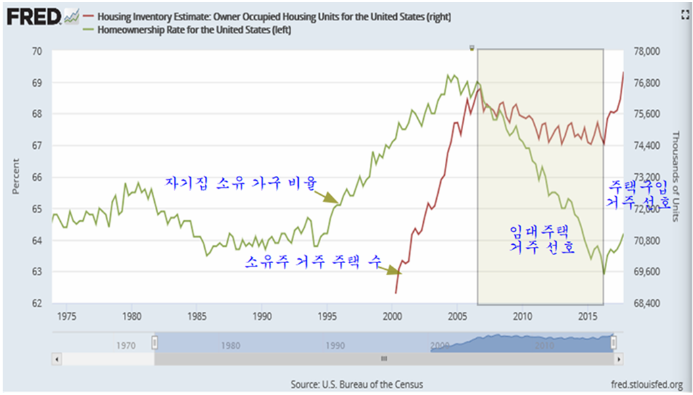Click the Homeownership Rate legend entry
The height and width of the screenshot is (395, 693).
point(195,30)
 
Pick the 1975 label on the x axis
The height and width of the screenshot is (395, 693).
point(67,316)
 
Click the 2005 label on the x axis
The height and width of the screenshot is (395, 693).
point(458,316)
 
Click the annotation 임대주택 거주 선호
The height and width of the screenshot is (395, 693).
point(541,240)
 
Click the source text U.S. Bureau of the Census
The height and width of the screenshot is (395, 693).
point(357,384)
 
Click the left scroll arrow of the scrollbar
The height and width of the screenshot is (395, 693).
point(57,358)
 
